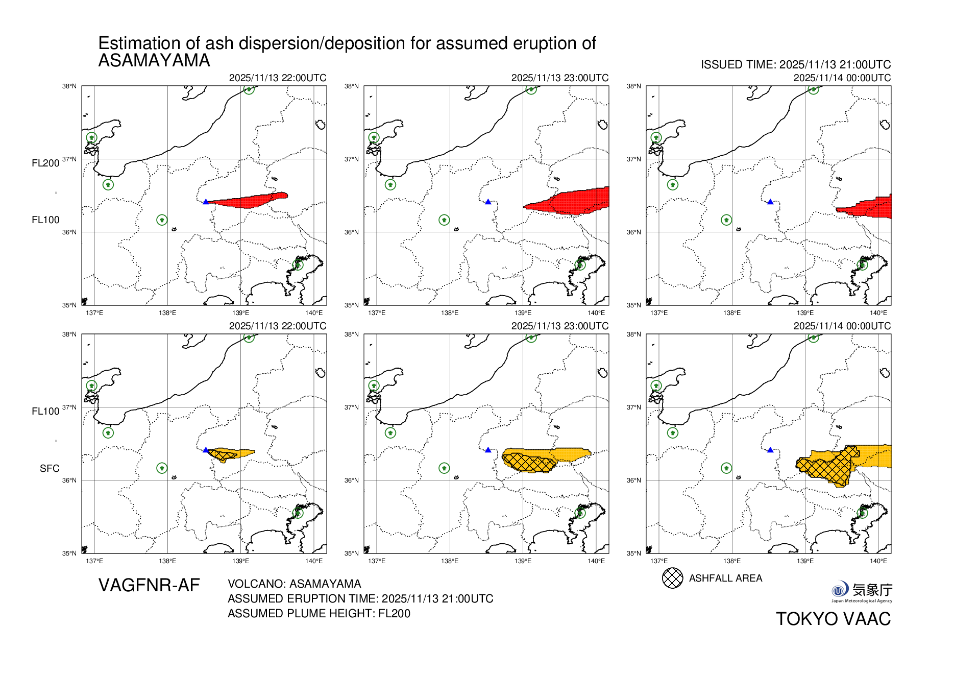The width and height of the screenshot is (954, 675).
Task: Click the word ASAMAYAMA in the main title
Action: [x=154, y=61]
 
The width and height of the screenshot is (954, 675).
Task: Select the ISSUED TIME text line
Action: [x=795, y=65]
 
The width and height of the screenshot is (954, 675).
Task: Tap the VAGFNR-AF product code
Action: [x=149, y=585]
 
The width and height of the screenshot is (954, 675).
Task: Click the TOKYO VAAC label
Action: [x=833, y=619]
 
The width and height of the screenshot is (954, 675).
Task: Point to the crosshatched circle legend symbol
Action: [x=672, y=578]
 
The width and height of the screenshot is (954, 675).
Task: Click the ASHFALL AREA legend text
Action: [x=725, y=578]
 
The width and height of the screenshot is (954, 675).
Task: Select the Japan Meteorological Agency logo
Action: [x=862, y=591]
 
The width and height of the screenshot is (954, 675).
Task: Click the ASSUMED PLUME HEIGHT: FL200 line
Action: [x=319, y=613]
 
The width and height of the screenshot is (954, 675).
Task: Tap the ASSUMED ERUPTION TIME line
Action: [x=360, y=598]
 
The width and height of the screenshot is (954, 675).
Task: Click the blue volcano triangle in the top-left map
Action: [x=206, y=202]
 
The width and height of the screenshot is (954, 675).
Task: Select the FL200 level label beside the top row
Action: [x=45, y=163]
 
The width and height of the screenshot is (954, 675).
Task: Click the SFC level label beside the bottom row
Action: [x=50, y=468]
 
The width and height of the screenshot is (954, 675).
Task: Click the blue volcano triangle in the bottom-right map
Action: [x=770, y=450]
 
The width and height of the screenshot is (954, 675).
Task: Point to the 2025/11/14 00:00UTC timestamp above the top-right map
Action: [x=842, y=78]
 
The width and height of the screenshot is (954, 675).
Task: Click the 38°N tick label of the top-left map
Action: [x=69, y=86]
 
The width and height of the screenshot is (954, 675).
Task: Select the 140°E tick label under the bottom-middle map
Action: [x=596, y=561]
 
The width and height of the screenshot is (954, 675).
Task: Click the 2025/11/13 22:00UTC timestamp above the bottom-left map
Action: [x=277, y=326]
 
